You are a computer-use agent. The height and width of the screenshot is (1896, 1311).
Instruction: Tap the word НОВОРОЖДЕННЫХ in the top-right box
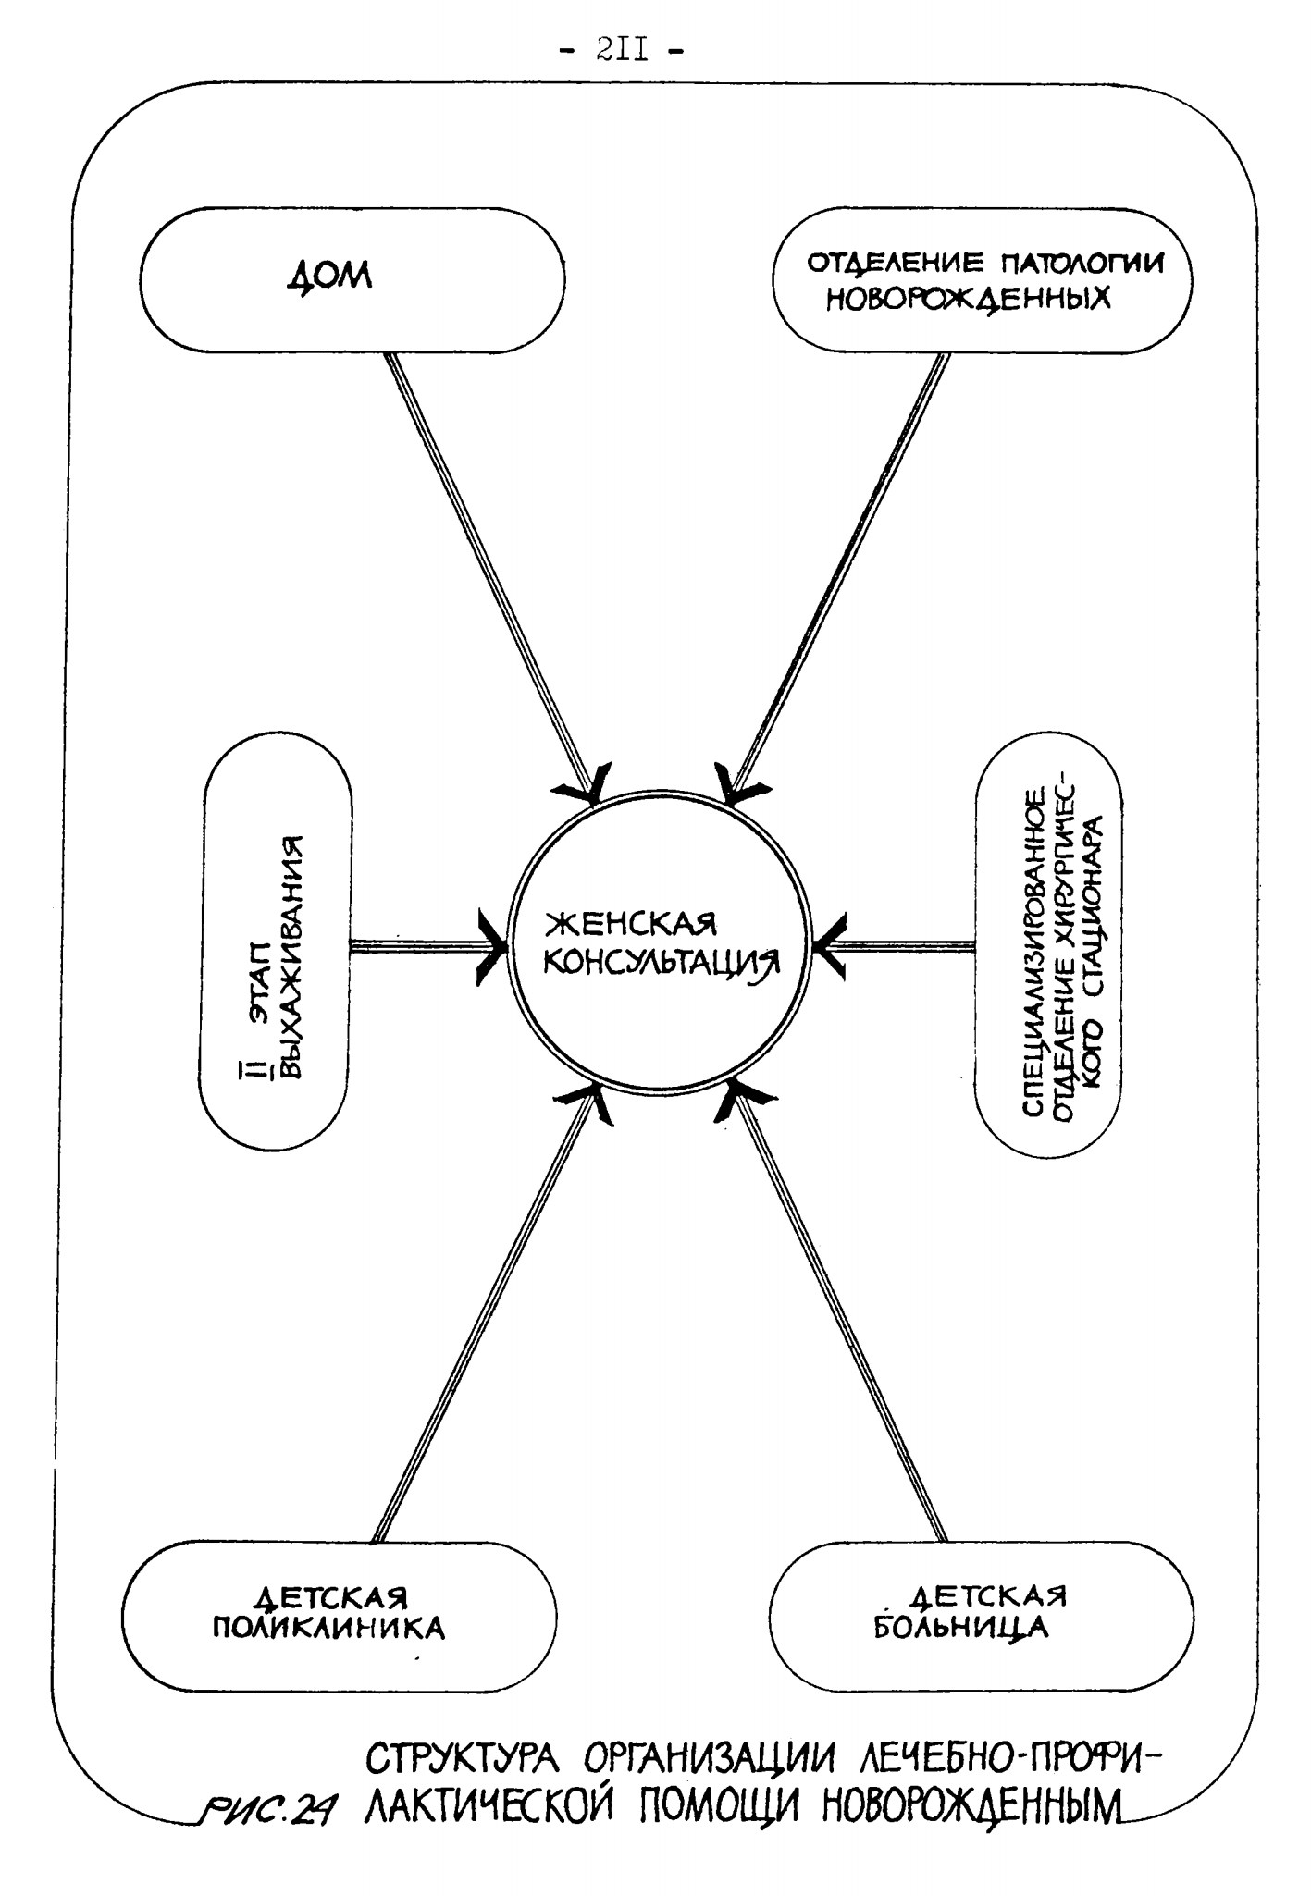[968, 301]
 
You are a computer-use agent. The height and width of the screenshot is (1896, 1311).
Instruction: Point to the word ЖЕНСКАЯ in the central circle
[631, 926]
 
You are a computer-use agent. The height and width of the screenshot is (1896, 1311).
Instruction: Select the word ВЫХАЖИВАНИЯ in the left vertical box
[292, 958]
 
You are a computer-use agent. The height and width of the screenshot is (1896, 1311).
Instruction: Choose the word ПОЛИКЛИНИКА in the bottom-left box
[329, 1629]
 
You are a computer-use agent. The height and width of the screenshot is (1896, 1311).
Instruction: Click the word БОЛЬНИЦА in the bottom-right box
[962, 1627]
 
